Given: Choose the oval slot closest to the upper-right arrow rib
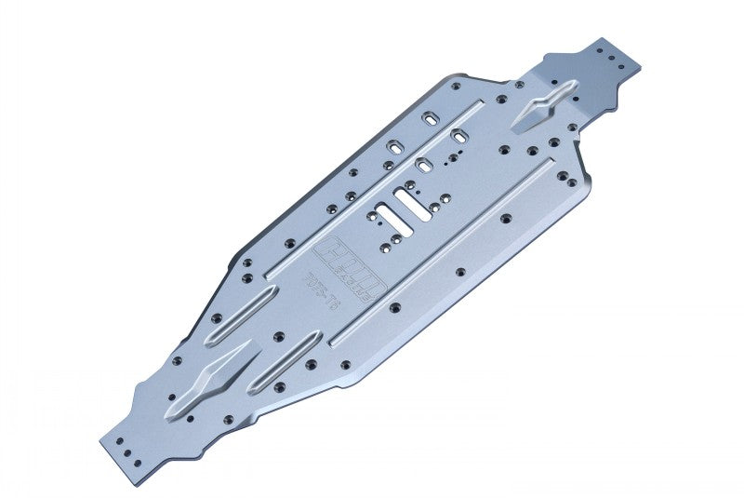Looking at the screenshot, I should [x=432, y=119].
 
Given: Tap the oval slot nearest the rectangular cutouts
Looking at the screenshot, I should [x=424, y=165].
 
